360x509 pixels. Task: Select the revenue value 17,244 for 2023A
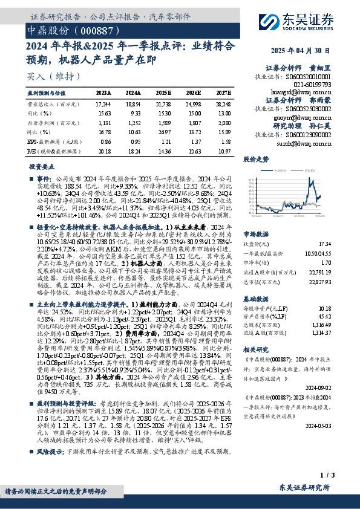click(x=104, y=105)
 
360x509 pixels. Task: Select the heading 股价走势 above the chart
click(x=256, y=160)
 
